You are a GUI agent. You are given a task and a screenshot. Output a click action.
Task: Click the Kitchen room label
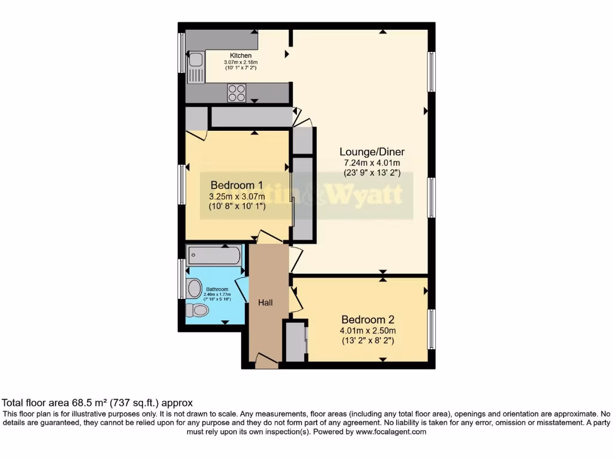pos(241,56)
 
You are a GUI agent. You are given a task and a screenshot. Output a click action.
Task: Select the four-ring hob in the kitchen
pos(236,93)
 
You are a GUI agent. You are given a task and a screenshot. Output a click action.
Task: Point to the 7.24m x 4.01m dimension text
pos(371,163)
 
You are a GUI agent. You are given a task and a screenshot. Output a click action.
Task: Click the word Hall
pos(265,303)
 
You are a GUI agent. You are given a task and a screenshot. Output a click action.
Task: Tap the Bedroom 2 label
pos(368,319)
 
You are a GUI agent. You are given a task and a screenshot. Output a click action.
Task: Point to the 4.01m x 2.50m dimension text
pos(368,331)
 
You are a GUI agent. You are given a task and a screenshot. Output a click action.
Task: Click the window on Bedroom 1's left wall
pos(181,184)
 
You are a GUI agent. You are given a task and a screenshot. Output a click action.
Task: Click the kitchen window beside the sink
pos(181,53)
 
